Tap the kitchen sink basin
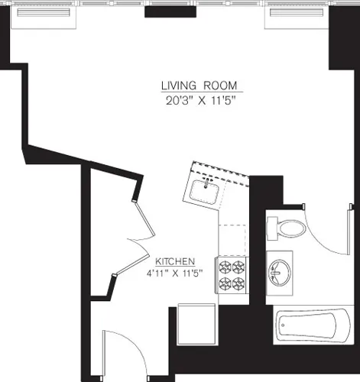[x=204, y=190]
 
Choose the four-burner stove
[x=232, y=276]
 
